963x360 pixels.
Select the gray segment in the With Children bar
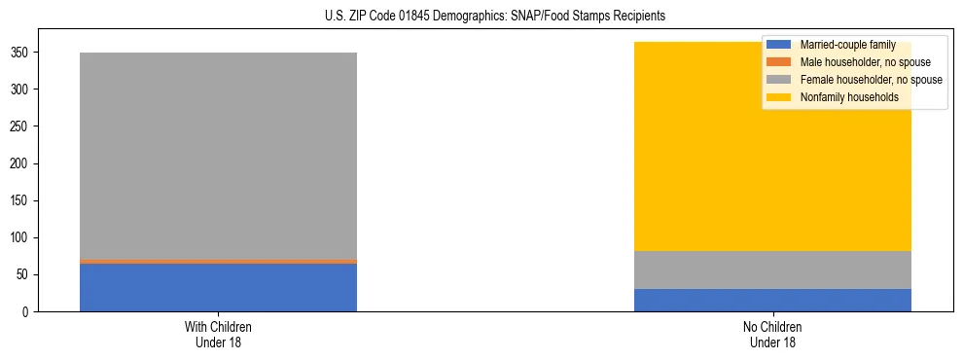click(218, 156)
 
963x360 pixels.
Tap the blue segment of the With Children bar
click(218, 287)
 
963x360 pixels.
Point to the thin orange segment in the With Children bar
click(218, 261)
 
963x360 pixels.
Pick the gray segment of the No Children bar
click(772, 270)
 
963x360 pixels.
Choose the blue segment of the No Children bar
click(772, 300)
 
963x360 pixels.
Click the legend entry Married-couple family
click(847, 45)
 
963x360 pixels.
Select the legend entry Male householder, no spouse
click(862, 62)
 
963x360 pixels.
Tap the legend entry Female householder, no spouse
click(871, 80)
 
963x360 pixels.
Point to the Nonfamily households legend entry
click(842, 97)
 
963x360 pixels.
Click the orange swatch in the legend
click(779, 62)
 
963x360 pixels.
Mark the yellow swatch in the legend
click(779, 97)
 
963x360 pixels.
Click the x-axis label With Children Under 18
click(218, 334)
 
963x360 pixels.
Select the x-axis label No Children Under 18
click(772, 334)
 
